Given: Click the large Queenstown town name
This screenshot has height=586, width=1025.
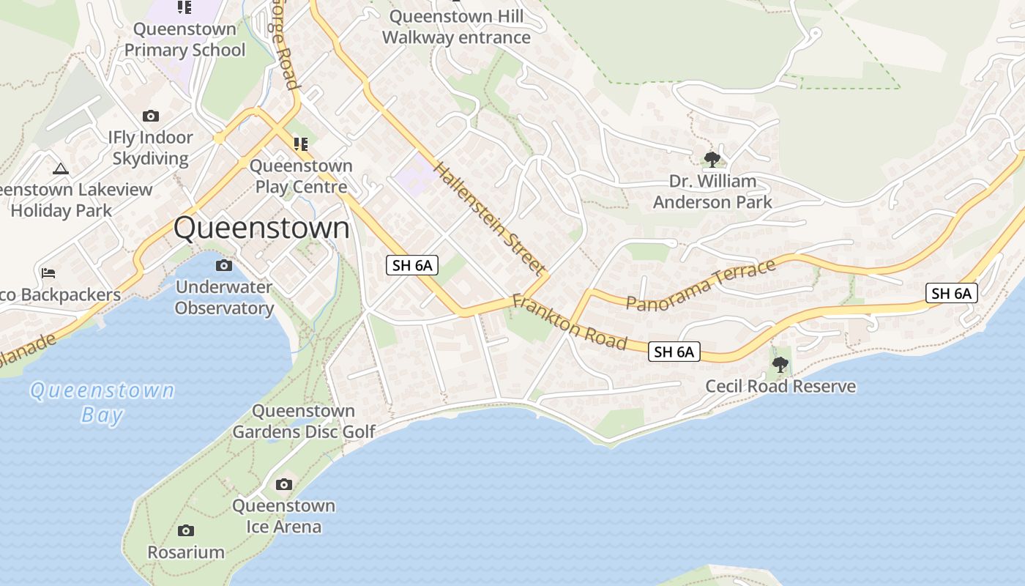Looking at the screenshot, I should tap(261, 228).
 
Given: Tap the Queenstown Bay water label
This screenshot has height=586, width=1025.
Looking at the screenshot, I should tap(102, 402).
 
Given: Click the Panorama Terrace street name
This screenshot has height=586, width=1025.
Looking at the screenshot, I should tap(701, 285).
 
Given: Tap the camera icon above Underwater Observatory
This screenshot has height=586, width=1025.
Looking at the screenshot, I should tap(224, 265).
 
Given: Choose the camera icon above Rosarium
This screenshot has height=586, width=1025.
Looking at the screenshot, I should tap(186, 530).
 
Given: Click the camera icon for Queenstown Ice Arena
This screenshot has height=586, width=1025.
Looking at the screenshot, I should tap(284, 484).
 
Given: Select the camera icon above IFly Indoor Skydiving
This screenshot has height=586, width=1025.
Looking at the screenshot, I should tap(151, 116).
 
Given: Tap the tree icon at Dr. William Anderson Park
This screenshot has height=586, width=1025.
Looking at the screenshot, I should tap(712, 159).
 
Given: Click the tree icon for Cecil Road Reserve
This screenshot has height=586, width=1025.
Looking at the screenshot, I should tap(780, 364).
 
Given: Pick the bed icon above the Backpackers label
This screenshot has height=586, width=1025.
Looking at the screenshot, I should tap(48, 273).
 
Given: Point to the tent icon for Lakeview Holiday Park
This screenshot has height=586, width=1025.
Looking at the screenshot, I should tap(61, 168).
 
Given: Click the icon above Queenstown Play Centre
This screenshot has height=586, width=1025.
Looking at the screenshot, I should tap(300, 144).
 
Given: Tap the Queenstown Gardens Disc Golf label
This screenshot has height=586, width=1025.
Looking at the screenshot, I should tap(303, 421).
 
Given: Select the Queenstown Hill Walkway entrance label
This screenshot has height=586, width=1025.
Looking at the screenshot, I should tap(456, 27).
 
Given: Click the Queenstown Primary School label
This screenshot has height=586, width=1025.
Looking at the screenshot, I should tap(184, 40).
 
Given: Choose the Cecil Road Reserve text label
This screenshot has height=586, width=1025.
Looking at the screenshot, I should tap(780, 386).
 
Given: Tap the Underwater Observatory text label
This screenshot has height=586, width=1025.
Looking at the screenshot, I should tap(224, 297).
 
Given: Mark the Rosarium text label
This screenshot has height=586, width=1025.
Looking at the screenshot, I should tap(186, 552).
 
